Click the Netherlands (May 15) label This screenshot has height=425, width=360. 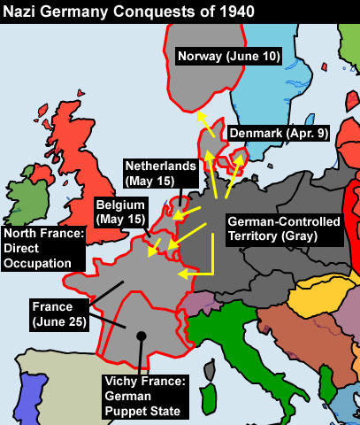pyautogui.click(x=156, y=174)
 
